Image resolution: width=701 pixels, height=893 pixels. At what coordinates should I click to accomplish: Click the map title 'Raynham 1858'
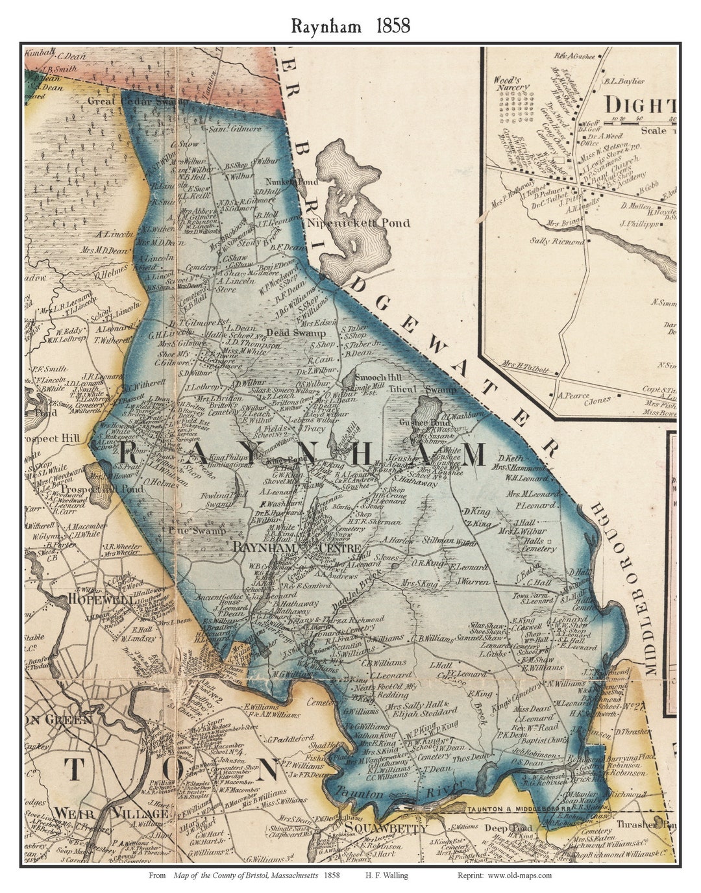(350, 26)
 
